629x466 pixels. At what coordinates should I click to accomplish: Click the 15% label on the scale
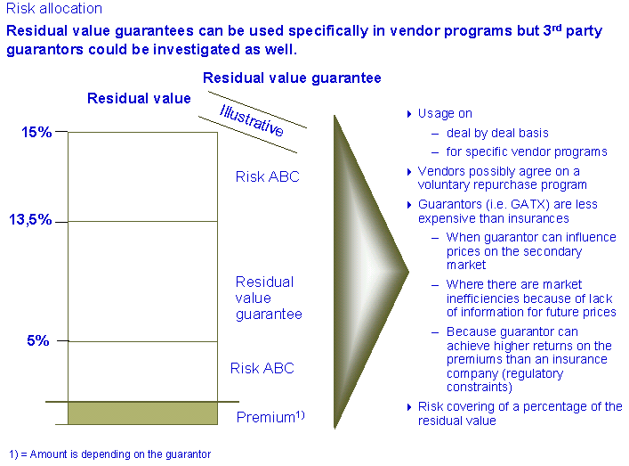click(36, 132)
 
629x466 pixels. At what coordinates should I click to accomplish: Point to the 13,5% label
click(30, 219)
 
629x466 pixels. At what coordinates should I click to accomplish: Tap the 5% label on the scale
click(37, 340)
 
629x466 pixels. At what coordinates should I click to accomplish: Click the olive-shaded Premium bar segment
click(143, 413)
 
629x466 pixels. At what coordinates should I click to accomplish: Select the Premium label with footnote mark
click(270, 417)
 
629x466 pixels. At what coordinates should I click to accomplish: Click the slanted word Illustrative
click(252, 120)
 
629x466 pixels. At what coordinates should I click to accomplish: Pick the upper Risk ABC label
click(268, 176)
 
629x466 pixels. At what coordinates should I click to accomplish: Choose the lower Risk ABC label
click(262, 368)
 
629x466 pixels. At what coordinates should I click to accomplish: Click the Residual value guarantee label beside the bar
click(269, 298)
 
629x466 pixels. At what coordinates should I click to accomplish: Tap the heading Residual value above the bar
click(139, 98)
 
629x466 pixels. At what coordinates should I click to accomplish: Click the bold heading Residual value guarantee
click(292, 78)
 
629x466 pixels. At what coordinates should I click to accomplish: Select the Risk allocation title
click(54, 8)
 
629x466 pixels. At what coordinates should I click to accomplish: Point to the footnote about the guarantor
click(109, 454)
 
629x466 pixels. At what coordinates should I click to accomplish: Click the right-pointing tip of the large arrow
click(408, 272)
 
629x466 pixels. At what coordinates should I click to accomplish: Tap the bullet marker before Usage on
click(409, 114)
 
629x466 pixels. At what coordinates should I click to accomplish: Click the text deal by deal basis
click(497, 133)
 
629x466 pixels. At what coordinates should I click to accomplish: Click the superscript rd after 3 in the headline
click(557, 29)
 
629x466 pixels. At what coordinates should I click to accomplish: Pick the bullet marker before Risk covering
click(409, 407)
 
